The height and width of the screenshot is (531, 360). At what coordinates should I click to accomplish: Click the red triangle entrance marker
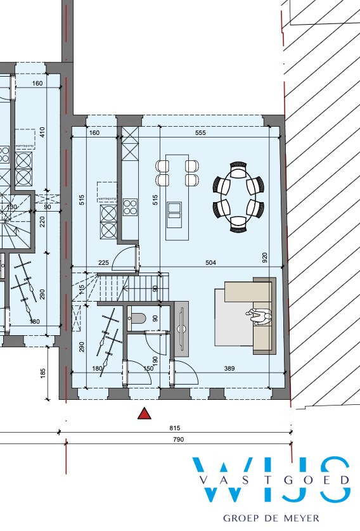click(x=145, y=414)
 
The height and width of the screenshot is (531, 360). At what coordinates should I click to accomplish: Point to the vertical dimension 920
click(x=265, y=257)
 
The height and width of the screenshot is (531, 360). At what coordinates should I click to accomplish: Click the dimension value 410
click(x=42, y=132)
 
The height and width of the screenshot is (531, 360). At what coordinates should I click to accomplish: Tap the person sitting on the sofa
click(x=259, y=315)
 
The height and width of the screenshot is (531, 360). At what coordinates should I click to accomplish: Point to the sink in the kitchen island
click(x=173, y=210)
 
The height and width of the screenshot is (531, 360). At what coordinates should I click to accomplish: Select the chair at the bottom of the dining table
click(x=238, y=222)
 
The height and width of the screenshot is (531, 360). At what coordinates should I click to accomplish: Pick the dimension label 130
click(x=11, y=207)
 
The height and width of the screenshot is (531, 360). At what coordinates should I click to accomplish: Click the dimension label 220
click(x=42, y=222)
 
